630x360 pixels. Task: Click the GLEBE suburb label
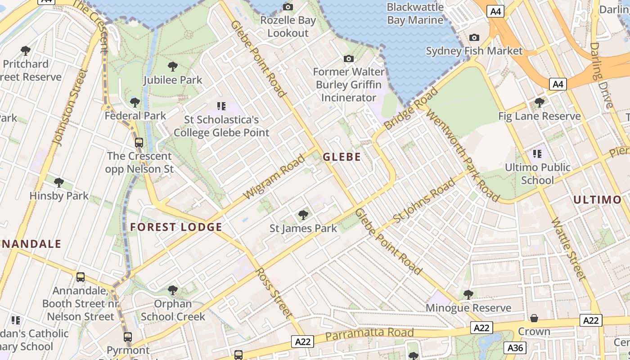pos(342,157)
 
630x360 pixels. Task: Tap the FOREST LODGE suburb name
pos(176,227)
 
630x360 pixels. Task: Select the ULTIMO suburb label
pos(597,199)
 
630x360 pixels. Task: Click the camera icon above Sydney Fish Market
pos(474,38)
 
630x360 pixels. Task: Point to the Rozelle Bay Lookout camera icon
pos(288,7)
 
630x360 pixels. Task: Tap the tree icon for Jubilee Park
pos(172,67)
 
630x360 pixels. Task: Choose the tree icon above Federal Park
pos(135,103)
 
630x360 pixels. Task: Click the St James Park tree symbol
pos(303,215)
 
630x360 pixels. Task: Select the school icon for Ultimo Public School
pos(537,154)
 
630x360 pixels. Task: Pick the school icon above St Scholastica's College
pos(221,106)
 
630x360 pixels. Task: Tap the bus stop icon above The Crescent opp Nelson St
pos(139,143)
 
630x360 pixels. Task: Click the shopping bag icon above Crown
pos(534,319)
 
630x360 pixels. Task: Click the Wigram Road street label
pos(274,177)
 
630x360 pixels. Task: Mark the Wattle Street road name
pos(569,248)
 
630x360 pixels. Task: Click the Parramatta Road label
pos(369,334)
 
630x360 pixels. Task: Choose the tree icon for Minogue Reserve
pos(468,295)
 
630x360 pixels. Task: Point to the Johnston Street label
pos(69,107)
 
